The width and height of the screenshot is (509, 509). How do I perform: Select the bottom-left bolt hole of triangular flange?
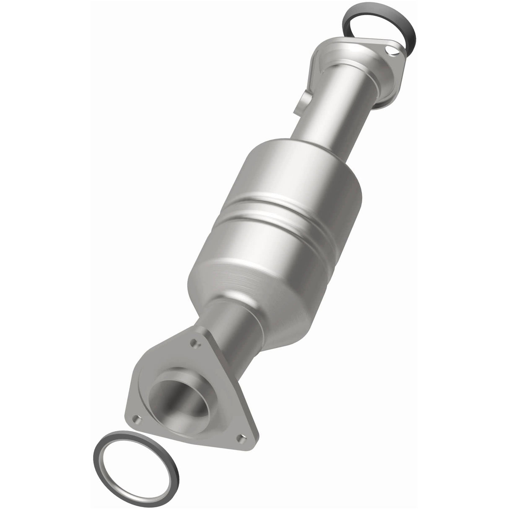click(x=135, y=420)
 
